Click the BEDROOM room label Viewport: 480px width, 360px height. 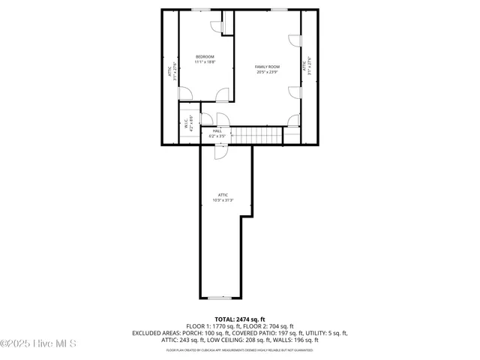point(205,57)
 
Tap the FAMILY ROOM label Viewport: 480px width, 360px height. point(267,67)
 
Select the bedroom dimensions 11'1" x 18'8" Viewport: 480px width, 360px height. point(205,62)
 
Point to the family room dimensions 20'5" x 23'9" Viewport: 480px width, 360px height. point(267,72)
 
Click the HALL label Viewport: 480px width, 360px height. point(217,130)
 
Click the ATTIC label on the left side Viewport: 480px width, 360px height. point(169,72)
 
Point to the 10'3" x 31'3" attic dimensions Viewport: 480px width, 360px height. point(223,200)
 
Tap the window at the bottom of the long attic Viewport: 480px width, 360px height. point(220,297)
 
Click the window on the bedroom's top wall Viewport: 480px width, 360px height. point(200,10)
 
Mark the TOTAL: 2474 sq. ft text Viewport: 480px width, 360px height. point(239,319)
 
